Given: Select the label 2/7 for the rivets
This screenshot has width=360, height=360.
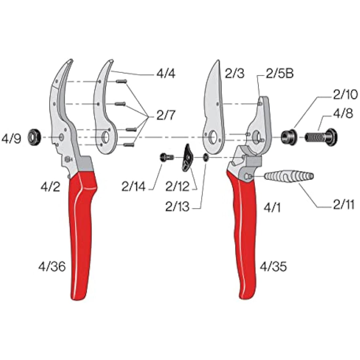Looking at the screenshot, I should pyautogui.click(x=166, y=115).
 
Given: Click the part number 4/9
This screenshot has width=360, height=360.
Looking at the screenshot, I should pyautogui.click(x=11, y=139).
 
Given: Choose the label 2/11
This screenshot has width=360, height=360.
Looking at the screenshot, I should pyautogui.click(x=344, y=205).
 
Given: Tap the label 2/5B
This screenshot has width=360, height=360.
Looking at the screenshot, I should pyautogui.click(x=279, y=74).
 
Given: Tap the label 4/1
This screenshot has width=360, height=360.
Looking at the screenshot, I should pyautogui.click(x=272, y=207).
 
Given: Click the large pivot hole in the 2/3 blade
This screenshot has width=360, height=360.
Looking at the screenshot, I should pyautogui.click(x=213, y=137).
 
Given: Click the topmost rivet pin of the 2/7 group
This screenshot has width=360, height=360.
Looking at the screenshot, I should pyautogui.click(x=121, y=82).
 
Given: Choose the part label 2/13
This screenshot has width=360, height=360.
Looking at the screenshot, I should pyautogui.click(x=177, y=207).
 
